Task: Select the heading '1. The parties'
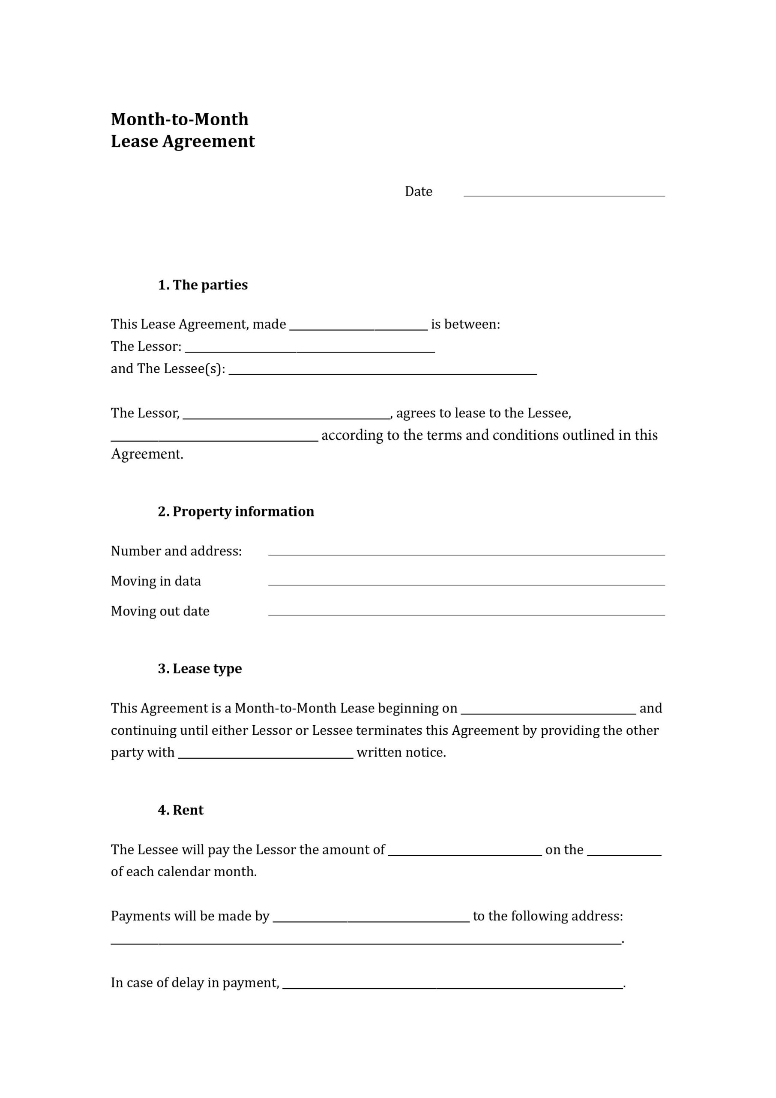pos(203,285)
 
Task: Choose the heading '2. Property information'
pos(236,512)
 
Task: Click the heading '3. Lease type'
pos(200,669)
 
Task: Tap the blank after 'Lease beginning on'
pos(548,710)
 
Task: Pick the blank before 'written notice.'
pos(266,754)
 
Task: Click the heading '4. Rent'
pos(181,810)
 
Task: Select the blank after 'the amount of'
pos(465,851)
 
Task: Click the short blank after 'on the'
pos(624,851)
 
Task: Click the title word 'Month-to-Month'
pos(180,120)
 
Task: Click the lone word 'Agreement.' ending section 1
pos(147,454)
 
